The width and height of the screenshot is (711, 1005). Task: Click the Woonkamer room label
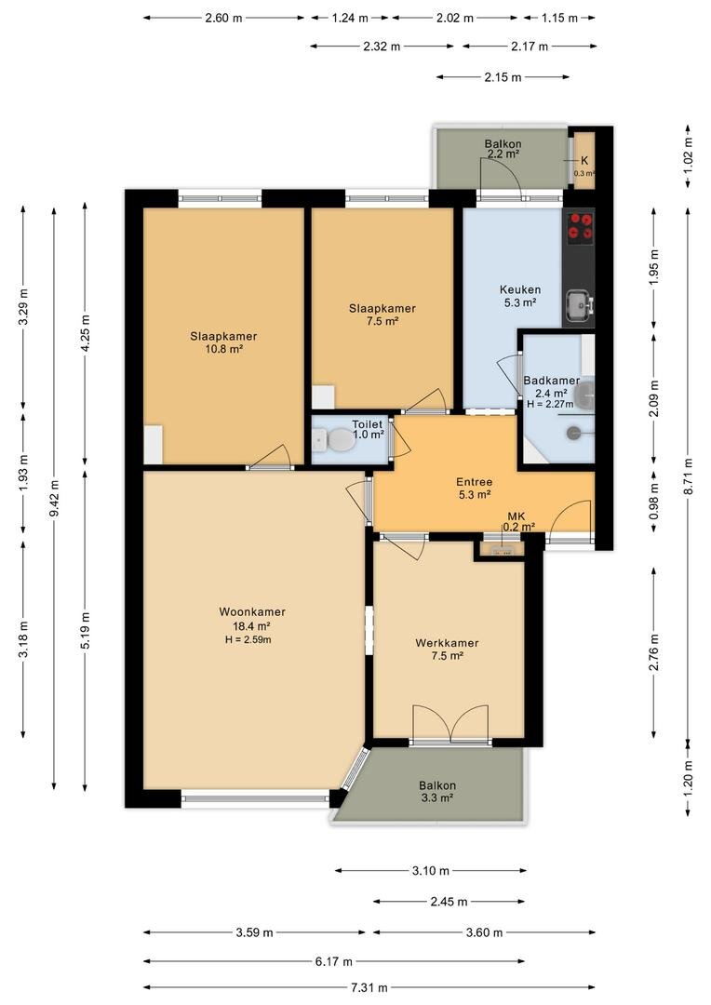(x=252, y=612)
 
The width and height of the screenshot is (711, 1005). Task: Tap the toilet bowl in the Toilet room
(x=335, y=440)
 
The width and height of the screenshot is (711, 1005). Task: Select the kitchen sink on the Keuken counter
(x=579, y=303)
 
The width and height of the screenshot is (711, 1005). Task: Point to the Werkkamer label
(x=447, y=643)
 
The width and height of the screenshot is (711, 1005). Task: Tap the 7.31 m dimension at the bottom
(x=369, y=987)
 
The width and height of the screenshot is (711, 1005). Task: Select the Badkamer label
(x=551, y=380)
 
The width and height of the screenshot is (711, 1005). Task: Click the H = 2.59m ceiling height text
(x=248, y=639)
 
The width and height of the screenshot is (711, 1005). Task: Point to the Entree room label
(x=475, y=482)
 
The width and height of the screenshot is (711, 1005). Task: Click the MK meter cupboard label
(x=516, y=516)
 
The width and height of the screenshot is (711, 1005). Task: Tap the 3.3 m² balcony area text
(x=437, y=798)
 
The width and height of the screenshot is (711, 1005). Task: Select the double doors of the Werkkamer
(x=450, y=723)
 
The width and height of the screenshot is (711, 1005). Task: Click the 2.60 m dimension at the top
(x=223, y=18)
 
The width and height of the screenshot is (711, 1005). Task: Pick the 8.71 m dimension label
(x=688, y=472)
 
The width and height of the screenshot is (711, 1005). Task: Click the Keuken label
(x=520, y=289)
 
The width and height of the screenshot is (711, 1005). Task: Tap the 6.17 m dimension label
(x=333, y=961)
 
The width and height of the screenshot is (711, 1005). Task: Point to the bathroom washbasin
(x=585, y=395)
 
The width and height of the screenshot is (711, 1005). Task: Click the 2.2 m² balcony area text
(x=503, y=154)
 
